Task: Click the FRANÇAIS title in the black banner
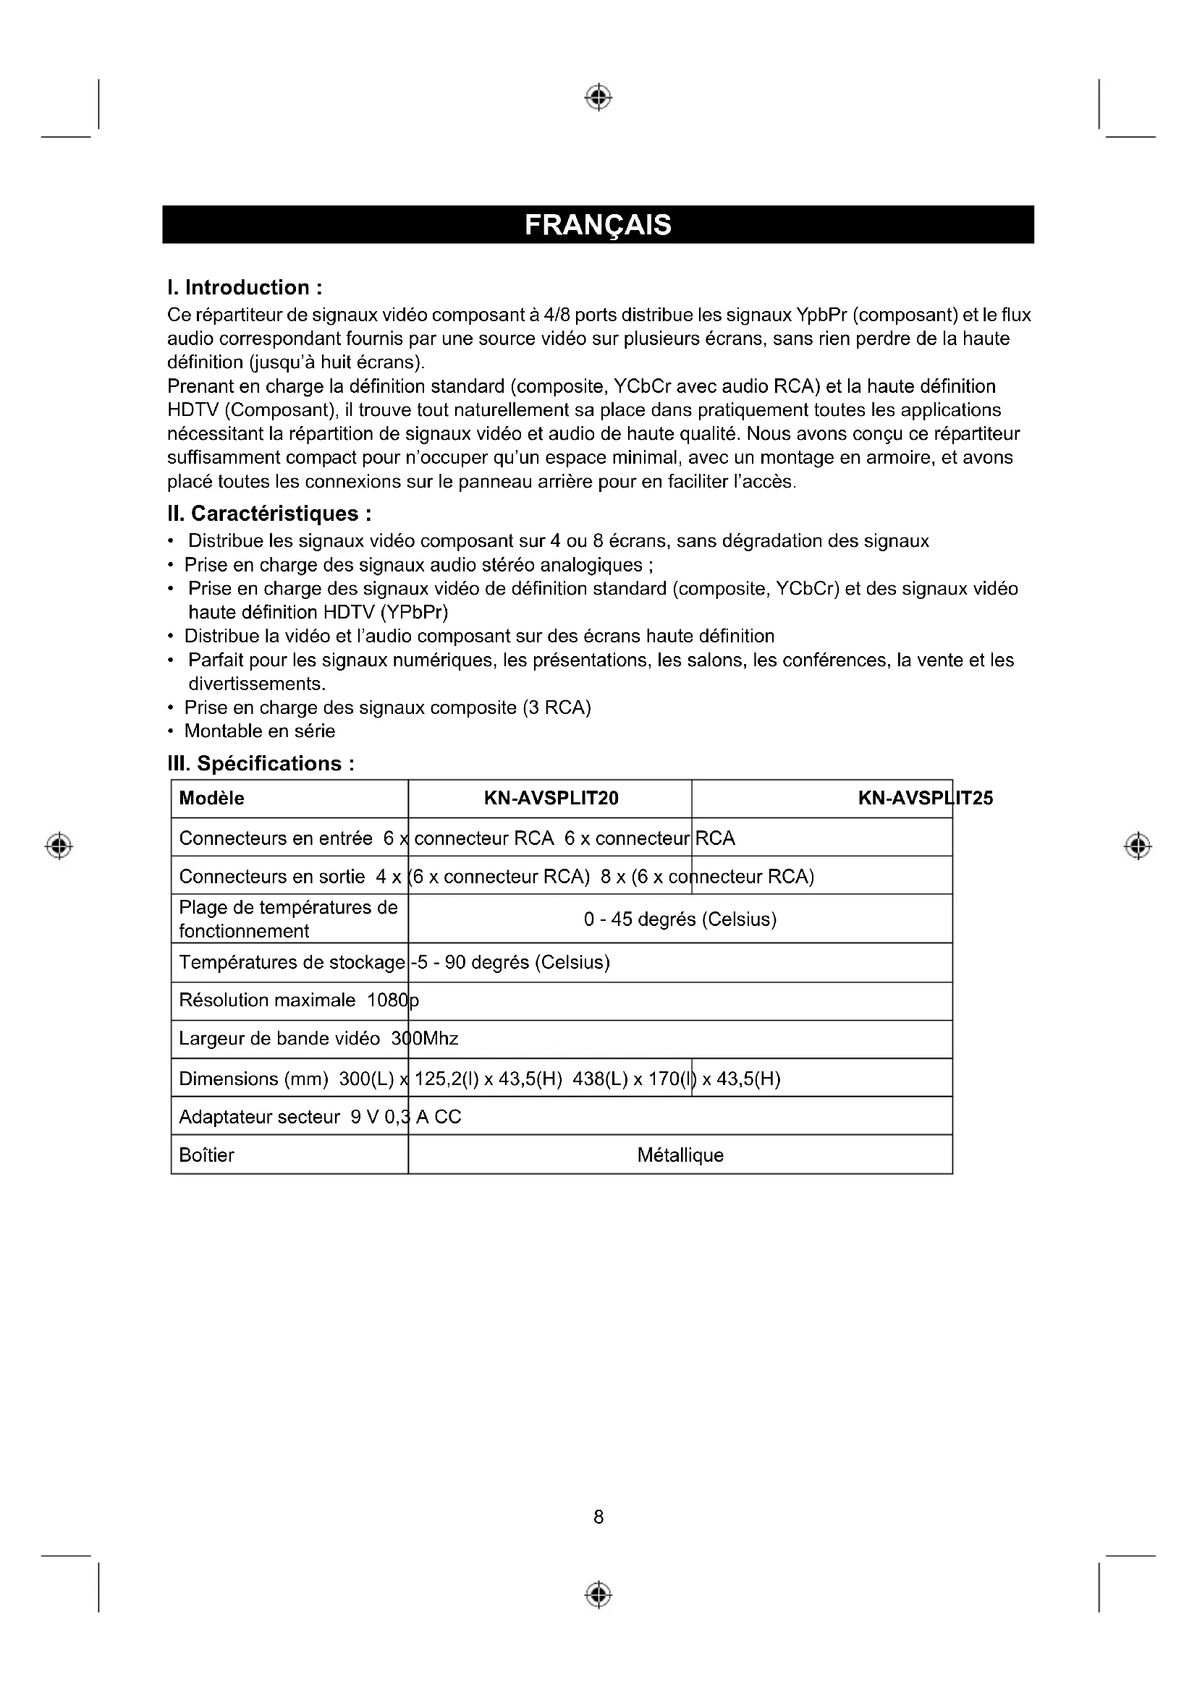click(598, 225)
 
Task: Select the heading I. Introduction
click(245, 287)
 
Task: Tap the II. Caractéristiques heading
click(269, 514)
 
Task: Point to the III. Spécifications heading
click(261, 763)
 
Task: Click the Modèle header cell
click(211, 798)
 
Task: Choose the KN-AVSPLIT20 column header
click(551, 798)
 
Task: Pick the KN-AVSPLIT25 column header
click(925, 798)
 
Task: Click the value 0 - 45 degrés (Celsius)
click(680, 919)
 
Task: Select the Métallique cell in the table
click(680, 1155)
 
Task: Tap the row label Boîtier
click(206, 1155)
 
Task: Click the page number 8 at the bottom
click(598, 1517)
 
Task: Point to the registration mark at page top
click(598, 97)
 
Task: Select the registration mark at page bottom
click(598, 1594)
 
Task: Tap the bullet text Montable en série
click(260, 731)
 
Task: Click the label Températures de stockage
click(292, 962)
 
